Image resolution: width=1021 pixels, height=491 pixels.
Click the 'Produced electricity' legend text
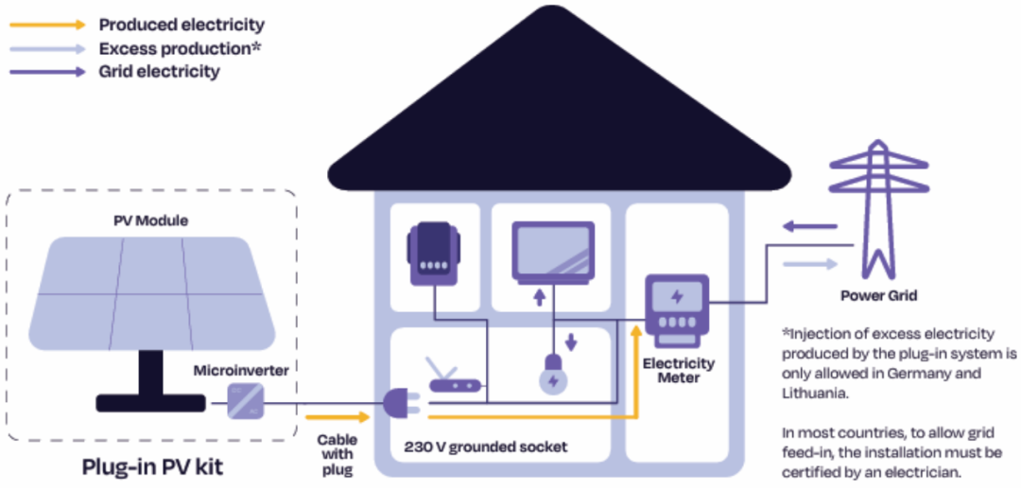coord(182,25)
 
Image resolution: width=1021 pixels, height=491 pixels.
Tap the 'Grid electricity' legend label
coord(159,71)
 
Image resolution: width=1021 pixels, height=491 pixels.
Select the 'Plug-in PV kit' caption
coord(151,467)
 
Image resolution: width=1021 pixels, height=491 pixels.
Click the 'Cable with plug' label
coord(337,454)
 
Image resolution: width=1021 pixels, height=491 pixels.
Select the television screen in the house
coord(553,252)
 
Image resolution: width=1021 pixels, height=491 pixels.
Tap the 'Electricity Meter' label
coord(679,370)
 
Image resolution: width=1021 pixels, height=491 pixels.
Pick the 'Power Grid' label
coord(879,296)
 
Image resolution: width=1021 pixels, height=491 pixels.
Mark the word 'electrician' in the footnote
coord(932,471)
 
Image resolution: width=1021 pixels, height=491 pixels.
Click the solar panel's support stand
coord(151,378)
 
